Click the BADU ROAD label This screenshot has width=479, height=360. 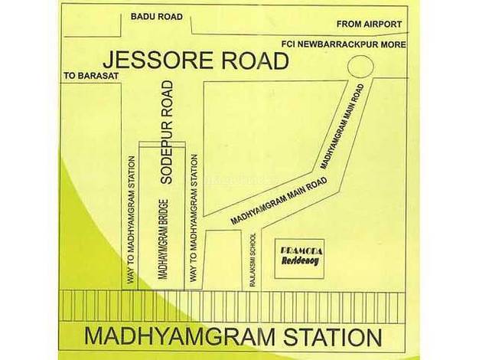click(x=157, y=17)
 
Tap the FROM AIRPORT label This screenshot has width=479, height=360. click(x=369, y=25)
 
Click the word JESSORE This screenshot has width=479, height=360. click(x=159, y=61)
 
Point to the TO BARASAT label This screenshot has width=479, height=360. click(x=91, y=76)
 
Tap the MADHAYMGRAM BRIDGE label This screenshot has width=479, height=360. click(x=164, y=240)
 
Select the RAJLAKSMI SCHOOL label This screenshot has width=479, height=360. click(x=253, y=260)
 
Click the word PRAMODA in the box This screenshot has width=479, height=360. click(x=301, y=251)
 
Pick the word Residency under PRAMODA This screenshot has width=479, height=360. click(x=300, y=261)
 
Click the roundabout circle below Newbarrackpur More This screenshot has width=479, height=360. click(x=360, y=67)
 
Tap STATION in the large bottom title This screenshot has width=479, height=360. click(x=333, y=337)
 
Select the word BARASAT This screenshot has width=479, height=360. click(x=98, y=76)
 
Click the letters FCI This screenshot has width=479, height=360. click(x=288, y=44)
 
